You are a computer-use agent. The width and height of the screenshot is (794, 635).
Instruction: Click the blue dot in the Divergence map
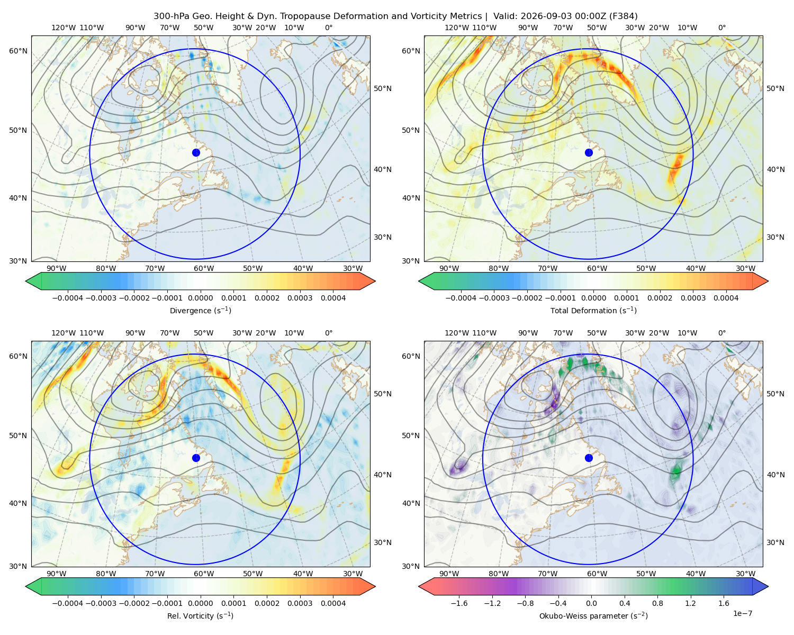click(196, 153)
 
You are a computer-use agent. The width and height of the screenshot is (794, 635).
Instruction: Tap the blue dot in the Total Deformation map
click(589, 153)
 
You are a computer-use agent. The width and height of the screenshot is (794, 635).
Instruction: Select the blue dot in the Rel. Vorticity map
click(196, 458)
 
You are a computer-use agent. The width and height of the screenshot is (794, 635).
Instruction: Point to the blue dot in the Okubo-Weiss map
click(589, 458)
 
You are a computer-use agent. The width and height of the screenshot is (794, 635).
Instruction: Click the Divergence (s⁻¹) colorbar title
click(200, 311)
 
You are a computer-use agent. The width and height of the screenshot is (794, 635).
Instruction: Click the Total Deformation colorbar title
click(593, 311)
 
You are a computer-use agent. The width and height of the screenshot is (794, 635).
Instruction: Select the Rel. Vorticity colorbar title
click(200, 616)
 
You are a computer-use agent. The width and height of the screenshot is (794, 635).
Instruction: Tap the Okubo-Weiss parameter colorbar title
click(593, 616)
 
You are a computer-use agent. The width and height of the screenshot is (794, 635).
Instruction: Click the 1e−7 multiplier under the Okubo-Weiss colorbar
click(742, 614)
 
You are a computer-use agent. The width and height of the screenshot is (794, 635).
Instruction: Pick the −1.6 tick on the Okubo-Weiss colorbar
click(459, 603)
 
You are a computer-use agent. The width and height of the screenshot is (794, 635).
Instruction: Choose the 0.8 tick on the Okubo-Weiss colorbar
click(657, 603)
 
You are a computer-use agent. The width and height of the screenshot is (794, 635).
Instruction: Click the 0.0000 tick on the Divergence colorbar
click(200, 298)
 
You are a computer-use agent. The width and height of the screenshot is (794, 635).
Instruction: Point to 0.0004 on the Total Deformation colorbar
click(726, 298)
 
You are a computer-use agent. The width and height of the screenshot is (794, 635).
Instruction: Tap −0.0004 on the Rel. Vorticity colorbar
click(68, 603)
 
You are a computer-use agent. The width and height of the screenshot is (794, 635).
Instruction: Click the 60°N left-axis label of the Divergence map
click(18, 51)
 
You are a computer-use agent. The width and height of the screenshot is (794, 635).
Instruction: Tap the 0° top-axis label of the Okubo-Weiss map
click(722, 333)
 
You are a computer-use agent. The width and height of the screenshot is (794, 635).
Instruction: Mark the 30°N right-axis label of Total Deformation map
click(775, 237)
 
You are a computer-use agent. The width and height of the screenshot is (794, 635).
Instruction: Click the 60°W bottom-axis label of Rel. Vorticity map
click(204, 574)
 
